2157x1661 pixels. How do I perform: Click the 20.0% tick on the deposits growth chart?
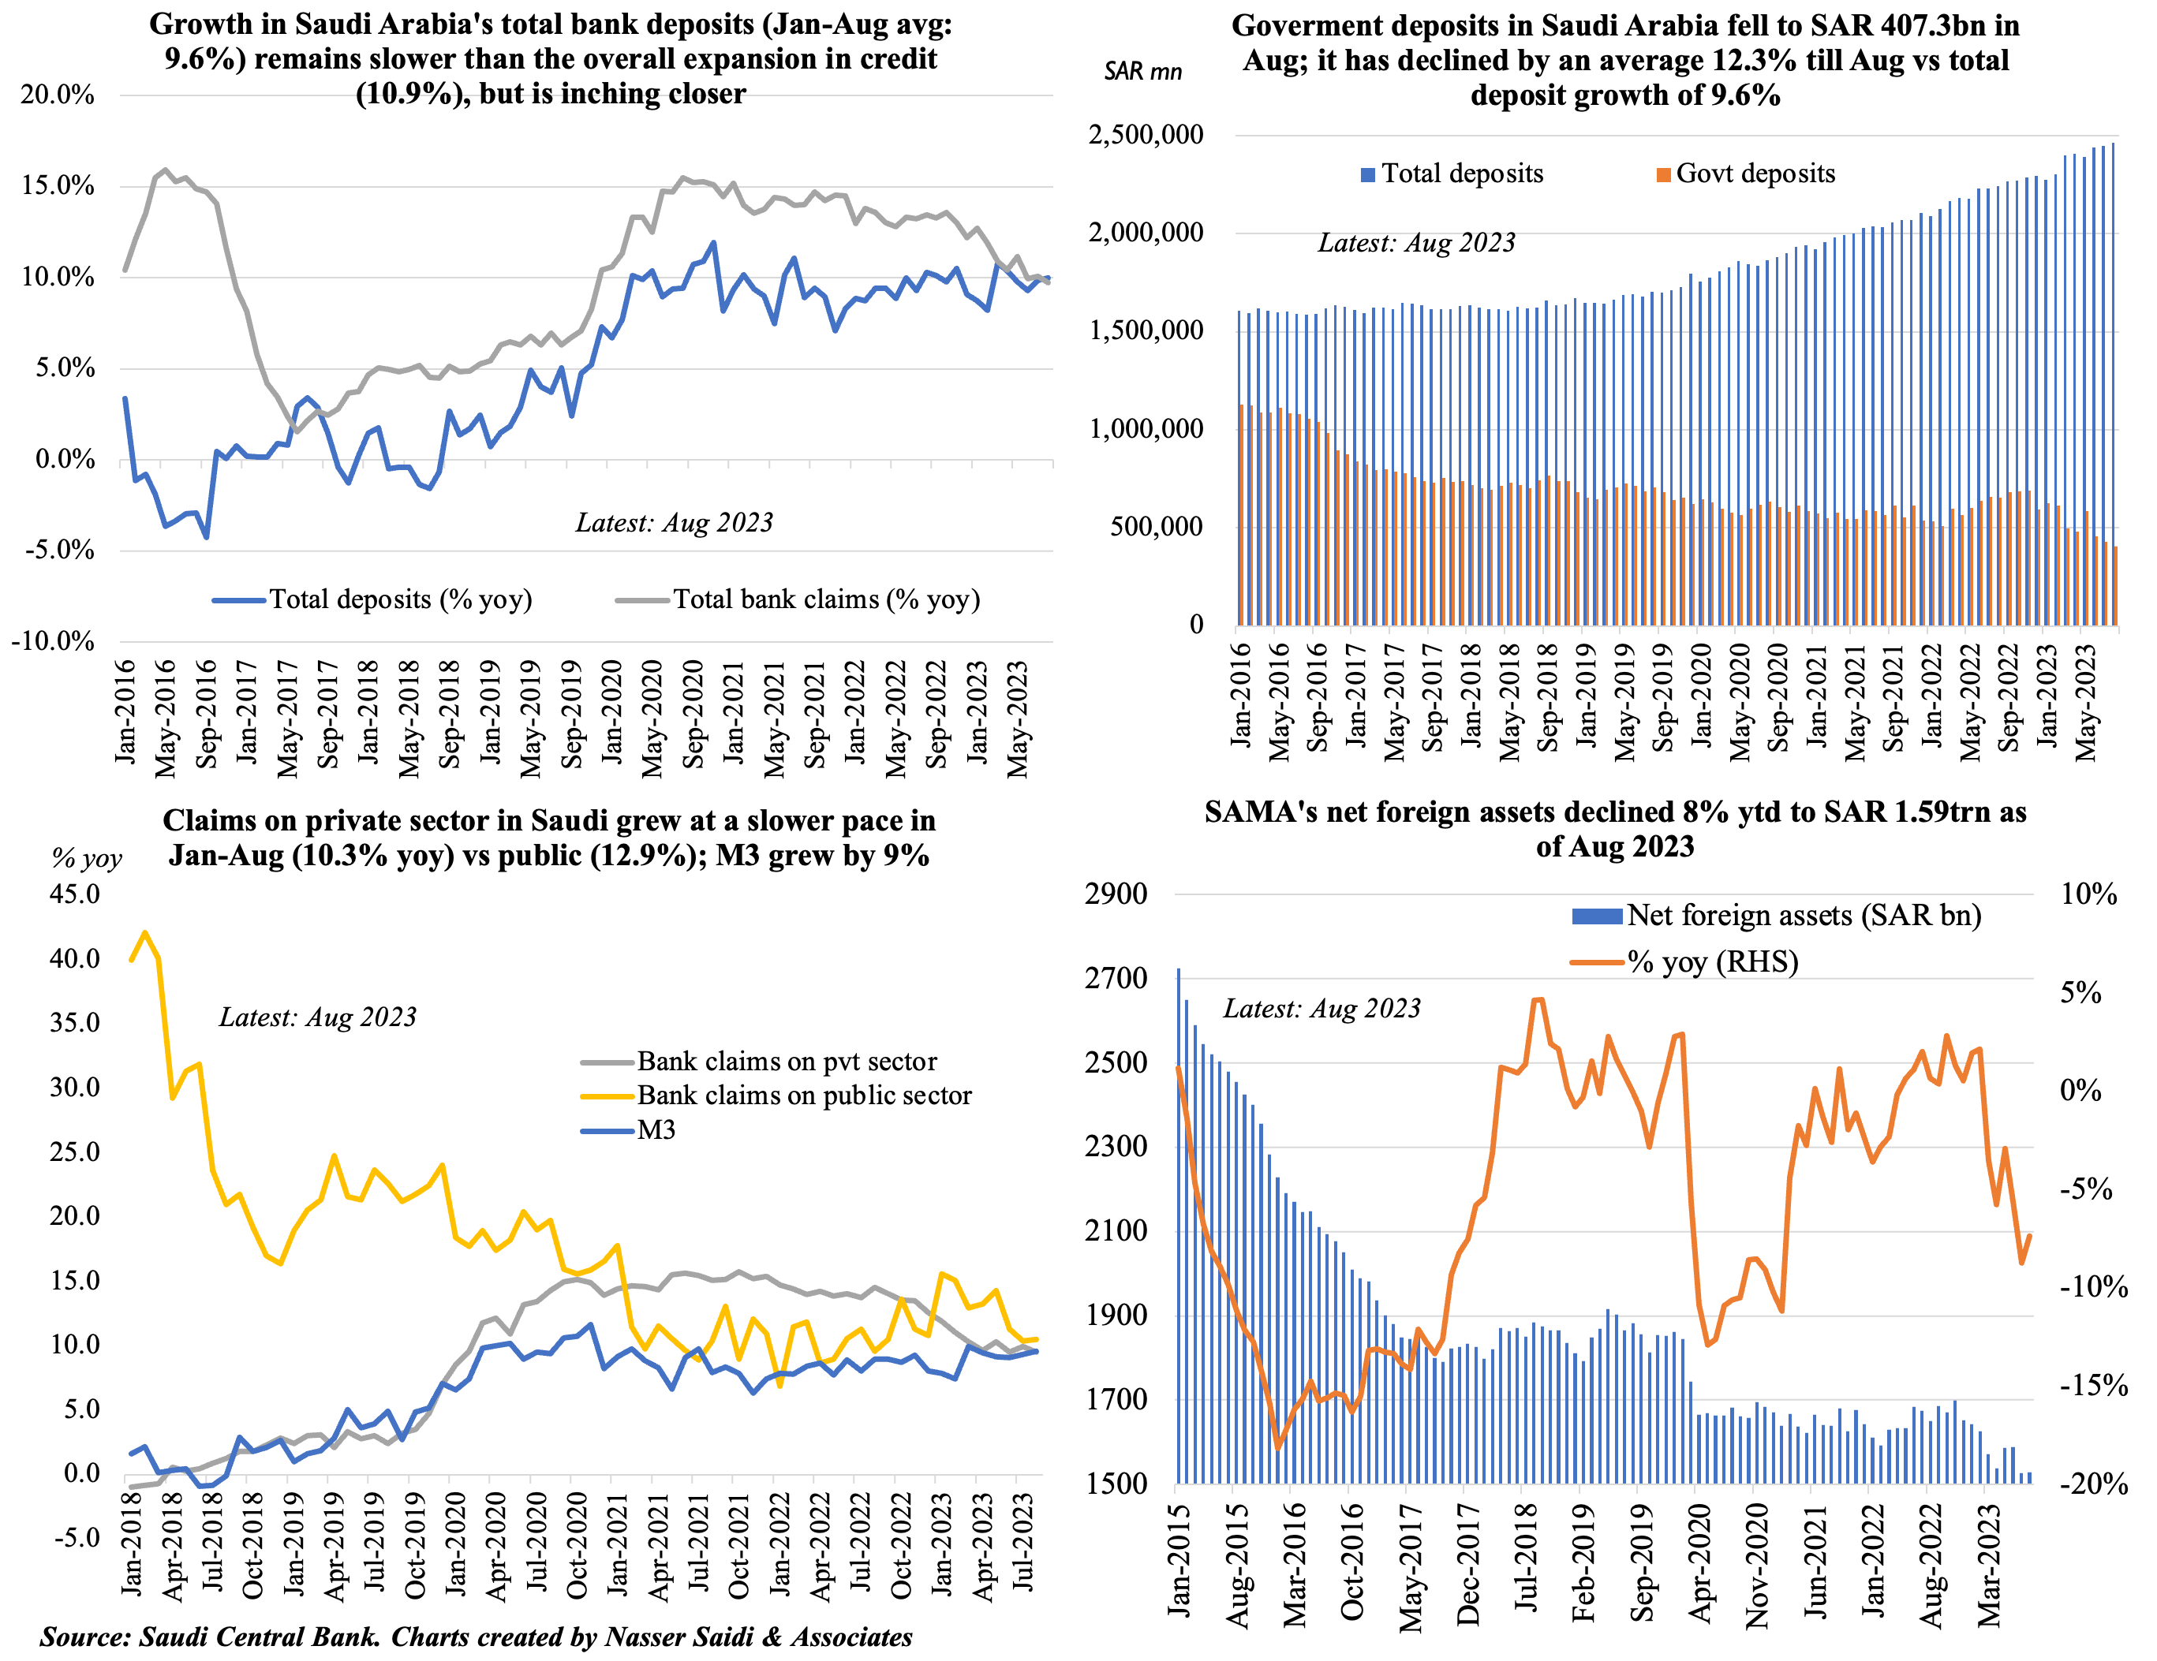[x=58, y=95]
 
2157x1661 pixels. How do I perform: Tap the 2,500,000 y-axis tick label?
[x=1146, y=134]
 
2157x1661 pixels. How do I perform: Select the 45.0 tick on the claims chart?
[x=75, y=894]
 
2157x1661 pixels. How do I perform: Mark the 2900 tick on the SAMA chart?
[x=1116, y=894]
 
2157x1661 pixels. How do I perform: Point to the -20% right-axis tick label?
[x=2094, y=1484]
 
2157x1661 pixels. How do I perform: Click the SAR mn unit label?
[x=1142, y=71]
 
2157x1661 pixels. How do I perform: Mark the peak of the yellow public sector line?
[x=145, y=932]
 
